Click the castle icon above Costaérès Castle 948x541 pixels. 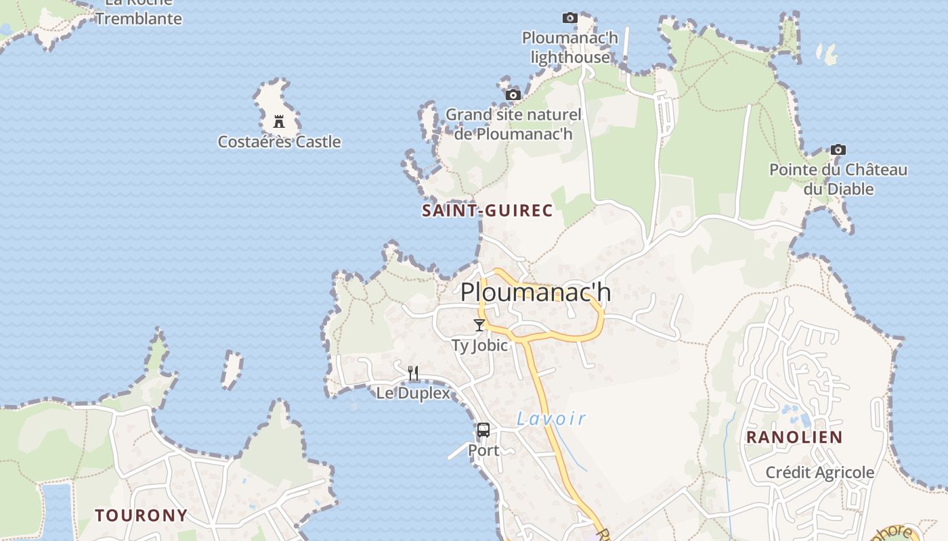[278, 122]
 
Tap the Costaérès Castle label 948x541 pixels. [279, 142]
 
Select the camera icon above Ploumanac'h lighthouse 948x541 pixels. [570, 18]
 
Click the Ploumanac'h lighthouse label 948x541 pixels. [570, 47]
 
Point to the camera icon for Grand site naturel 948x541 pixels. [513, 95]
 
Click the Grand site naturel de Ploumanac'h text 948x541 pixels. [513, 124]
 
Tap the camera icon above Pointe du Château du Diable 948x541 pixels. [838, 149]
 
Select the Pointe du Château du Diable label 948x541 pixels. [838, 179]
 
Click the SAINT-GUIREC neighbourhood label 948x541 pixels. [488, 211]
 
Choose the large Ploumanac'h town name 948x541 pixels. [536, 293]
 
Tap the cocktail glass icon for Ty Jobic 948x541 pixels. [479, 325]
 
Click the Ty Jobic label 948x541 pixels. [479, 346]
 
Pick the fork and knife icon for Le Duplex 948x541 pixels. [413, 373]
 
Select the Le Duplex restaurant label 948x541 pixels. [413, 393]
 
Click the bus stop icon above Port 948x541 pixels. [483, 430]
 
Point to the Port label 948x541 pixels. [483, 450]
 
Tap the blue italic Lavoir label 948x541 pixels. [551, 419]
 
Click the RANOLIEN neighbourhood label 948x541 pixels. [794, 438]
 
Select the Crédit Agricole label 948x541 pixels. [820, 472]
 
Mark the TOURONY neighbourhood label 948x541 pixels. [141, 515]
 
